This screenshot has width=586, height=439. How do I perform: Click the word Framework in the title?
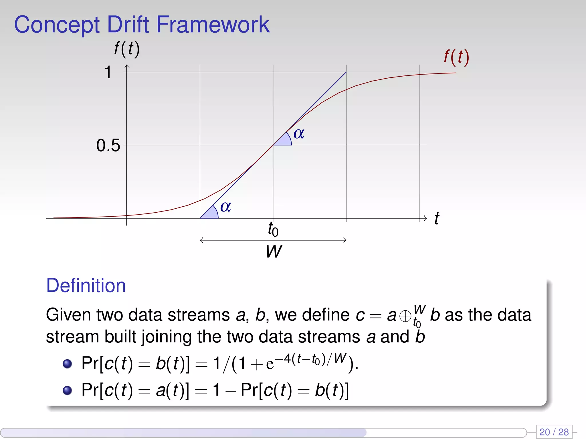point(213,25)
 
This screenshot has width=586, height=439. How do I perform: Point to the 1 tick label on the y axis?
point(108,72)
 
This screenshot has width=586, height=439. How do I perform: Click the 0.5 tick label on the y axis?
point(108,145)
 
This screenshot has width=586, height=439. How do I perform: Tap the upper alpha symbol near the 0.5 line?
point(299,133)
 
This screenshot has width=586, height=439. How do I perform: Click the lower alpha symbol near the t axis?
point(225,206)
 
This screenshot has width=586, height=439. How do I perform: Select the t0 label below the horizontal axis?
point(273,229)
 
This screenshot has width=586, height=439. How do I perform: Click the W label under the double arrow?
point(274,251)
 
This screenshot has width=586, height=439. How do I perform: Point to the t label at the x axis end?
point(436,219)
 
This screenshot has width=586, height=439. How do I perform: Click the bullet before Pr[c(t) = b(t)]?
point(67,364)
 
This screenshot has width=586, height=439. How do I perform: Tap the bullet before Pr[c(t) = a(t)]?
point(67,390)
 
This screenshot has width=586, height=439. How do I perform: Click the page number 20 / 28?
point(554,432)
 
